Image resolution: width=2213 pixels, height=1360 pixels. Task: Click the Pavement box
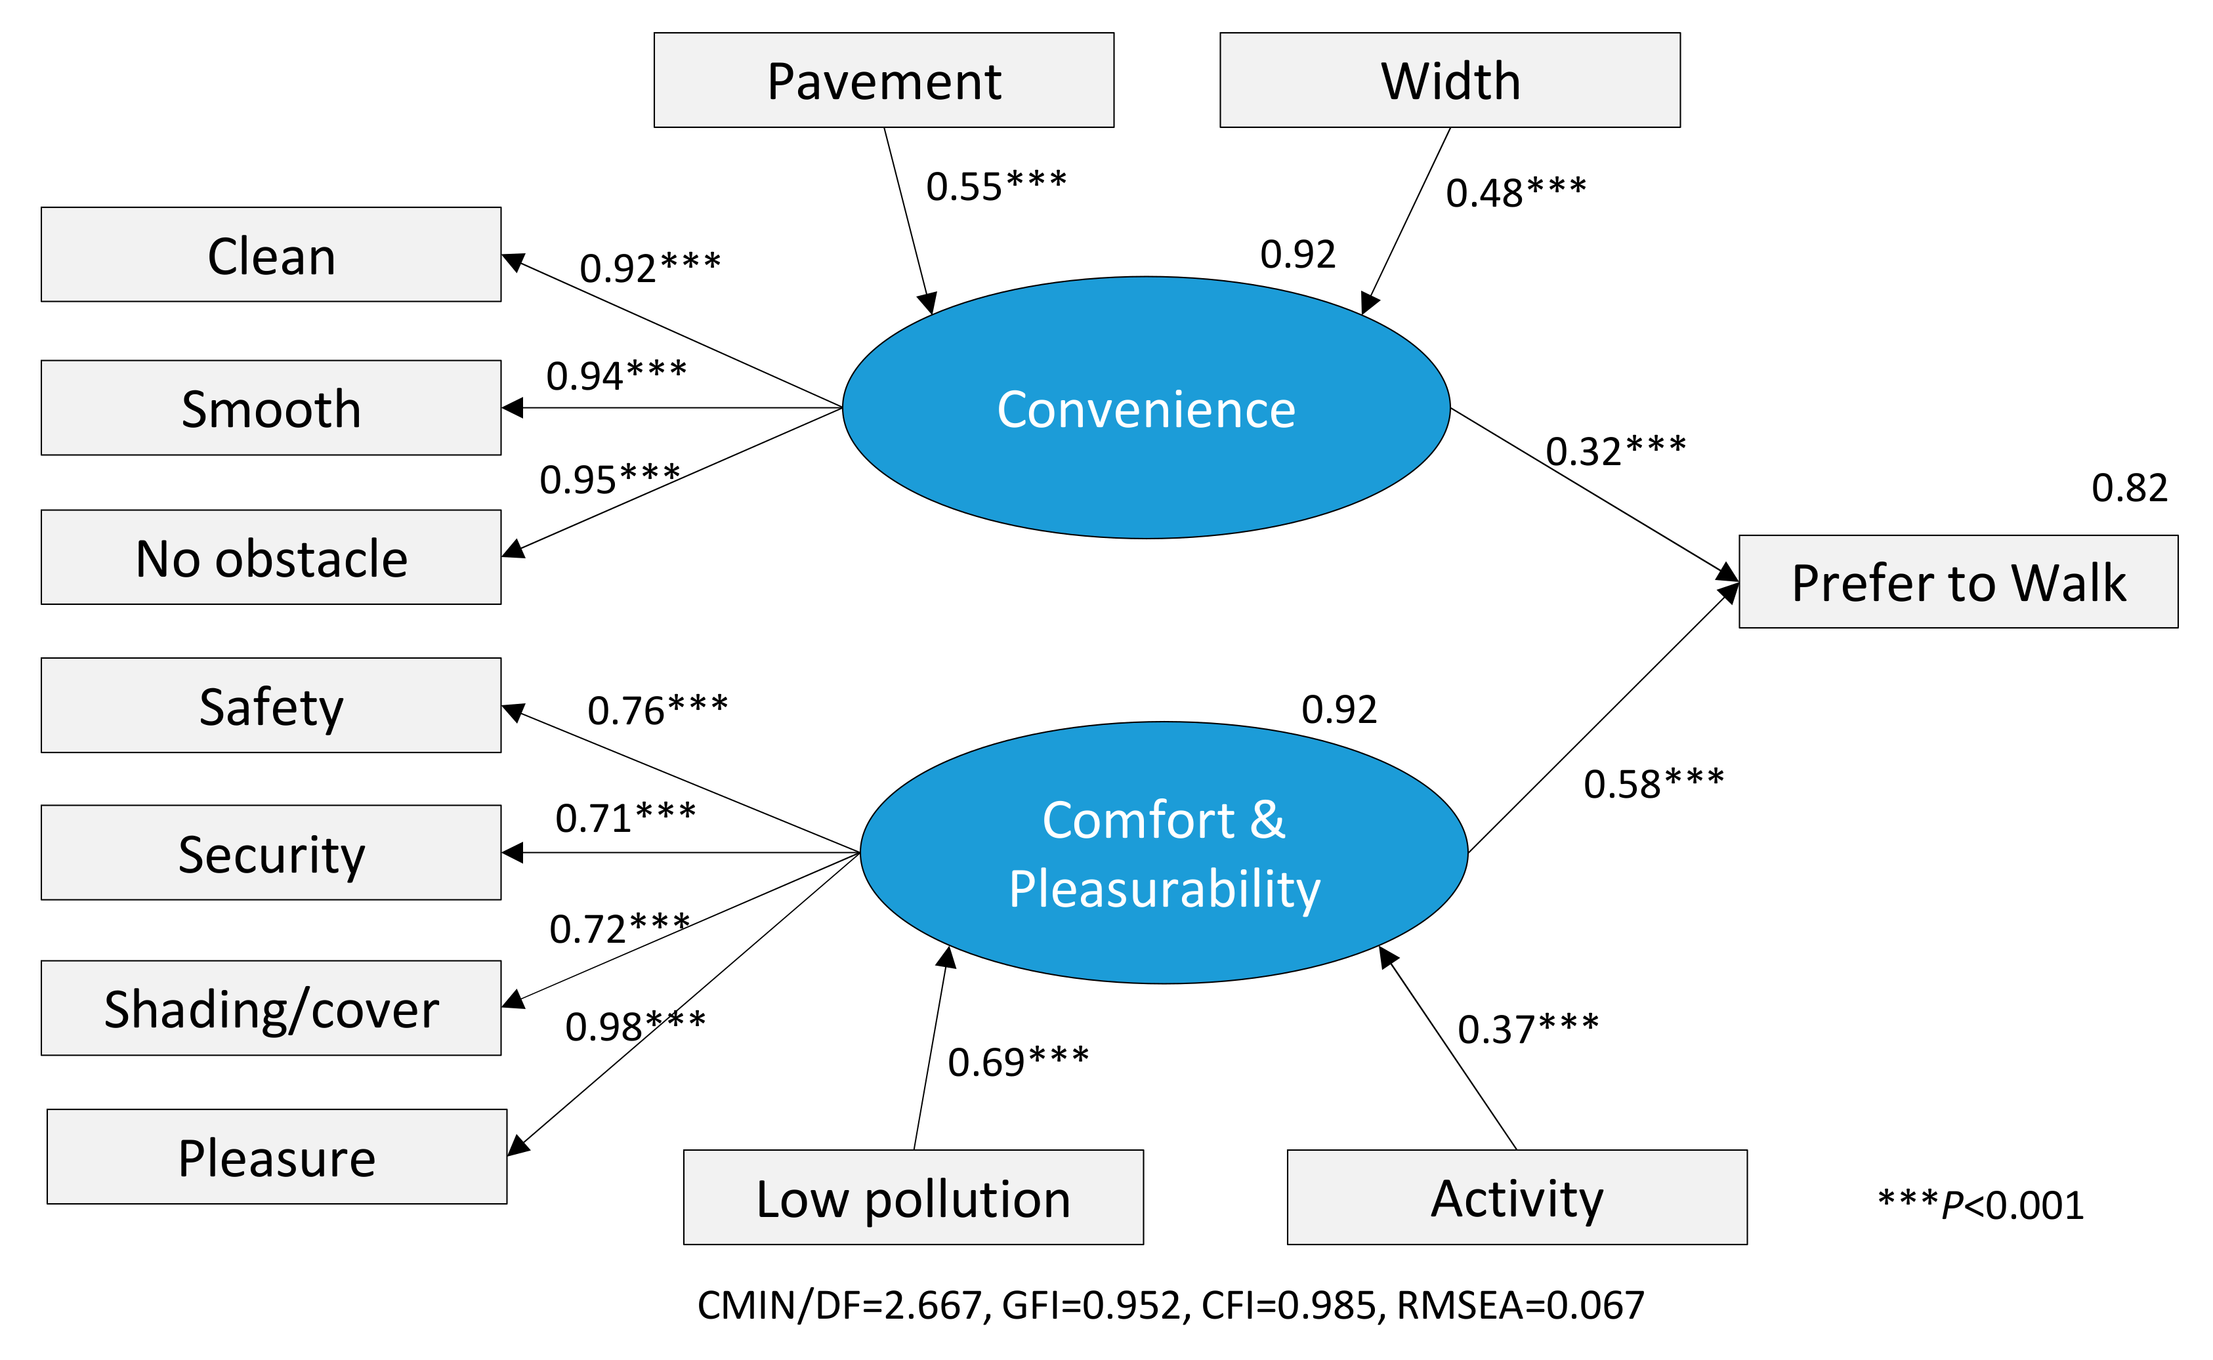click(x=883, y=80)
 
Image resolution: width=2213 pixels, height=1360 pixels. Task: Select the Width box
click(x=1449, y=80)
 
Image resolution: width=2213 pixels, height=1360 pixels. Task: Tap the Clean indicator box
click(x=271, y=255)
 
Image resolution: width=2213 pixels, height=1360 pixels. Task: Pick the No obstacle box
click(x=271, y=558)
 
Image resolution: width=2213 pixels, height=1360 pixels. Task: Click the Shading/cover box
click(x=271, y=1008)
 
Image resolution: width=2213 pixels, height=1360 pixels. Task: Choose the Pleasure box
click(x=276, y=1157)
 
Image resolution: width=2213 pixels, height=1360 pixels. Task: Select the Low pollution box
click(x=913, y=1198)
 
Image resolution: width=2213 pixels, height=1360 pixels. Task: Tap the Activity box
click(x=1517, y=1197)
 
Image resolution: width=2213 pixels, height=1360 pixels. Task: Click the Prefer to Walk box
click(x=1958, y=582)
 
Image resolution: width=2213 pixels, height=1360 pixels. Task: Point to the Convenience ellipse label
click(x=1146, y=409)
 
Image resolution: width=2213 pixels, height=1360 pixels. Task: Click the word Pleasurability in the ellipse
click(x=1164, y=889)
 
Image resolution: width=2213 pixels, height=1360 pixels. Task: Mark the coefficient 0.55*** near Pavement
click(x=996, y=186)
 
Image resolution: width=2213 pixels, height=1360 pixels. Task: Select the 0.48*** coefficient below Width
click(x=1516, y=192)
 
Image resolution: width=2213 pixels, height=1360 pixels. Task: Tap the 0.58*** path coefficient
click(x=1653, y=783)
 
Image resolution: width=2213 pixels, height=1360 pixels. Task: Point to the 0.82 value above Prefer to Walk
click(x=2130, y=487)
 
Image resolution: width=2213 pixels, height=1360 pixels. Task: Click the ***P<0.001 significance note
click(x=1981, y=1205)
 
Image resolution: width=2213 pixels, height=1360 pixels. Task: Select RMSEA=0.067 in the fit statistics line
click(x=1521, y=1305)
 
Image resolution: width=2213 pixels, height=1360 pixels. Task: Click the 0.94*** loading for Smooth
click(x=616, y=375)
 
